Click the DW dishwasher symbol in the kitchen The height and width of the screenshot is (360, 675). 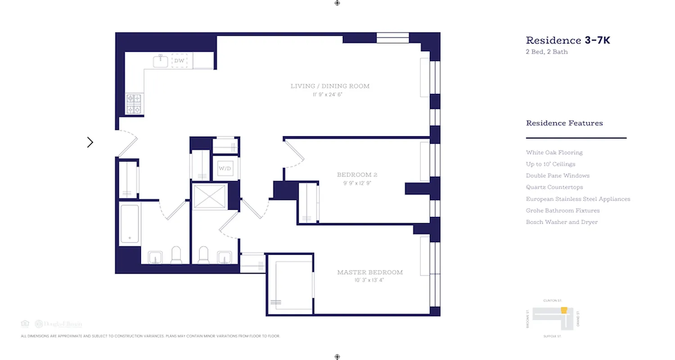(180, 61)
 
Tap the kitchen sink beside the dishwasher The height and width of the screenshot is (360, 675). (160, 61)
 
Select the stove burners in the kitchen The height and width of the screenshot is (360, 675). (134, 104)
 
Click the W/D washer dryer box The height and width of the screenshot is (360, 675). (225, 168)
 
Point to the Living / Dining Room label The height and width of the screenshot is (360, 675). (330, 86)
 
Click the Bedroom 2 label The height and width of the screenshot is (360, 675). (354, 175)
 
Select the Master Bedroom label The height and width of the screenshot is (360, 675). (370, 272)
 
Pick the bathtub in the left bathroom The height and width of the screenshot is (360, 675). (130, 224)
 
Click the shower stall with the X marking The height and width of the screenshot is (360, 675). (210, 196)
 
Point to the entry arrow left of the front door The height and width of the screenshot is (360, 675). (90, 142)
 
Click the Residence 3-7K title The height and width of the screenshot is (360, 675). (568, 40)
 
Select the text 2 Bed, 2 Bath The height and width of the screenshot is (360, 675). (547, 52)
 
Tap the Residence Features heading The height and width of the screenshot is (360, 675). (564, 123)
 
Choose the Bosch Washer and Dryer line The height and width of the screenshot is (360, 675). (562, 222)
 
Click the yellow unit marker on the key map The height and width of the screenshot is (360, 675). (563, 310)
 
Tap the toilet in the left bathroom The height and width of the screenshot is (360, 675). (176, 255)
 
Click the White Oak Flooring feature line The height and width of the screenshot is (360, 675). (554, 153)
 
